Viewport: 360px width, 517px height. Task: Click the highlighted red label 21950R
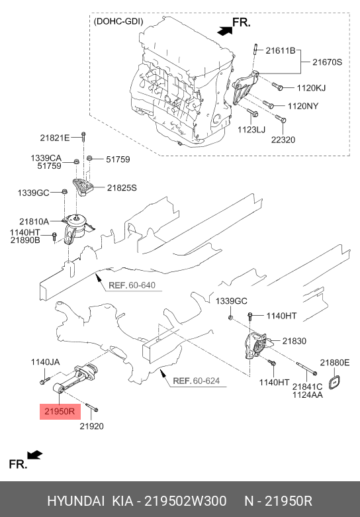(60, 412)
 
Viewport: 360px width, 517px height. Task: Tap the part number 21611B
(281, 51)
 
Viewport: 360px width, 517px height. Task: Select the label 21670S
(327, 62)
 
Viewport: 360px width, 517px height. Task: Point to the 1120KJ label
(311, 87)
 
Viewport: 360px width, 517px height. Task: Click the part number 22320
(283, 140)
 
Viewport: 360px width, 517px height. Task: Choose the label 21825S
(122, 187)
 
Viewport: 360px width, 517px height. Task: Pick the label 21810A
(34, 222)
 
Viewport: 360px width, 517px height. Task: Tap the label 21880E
(335, 363)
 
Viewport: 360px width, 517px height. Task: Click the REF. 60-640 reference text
(132, 285)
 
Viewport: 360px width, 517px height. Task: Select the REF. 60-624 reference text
(197, 381)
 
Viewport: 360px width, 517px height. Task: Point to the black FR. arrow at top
(225, 30)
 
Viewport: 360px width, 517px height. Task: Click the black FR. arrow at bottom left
(34, 455)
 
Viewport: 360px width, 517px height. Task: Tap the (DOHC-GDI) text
(118, 22)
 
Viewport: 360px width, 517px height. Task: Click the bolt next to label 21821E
(83, 137)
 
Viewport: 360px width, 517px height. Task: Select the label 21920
(91, 426)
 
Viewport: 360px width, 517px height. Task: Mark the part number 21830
(294, 341)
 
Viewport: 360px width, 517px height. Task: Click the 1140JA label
(46, 362)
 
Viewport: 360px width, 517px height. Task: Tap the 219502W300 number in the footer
(186, 501)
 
